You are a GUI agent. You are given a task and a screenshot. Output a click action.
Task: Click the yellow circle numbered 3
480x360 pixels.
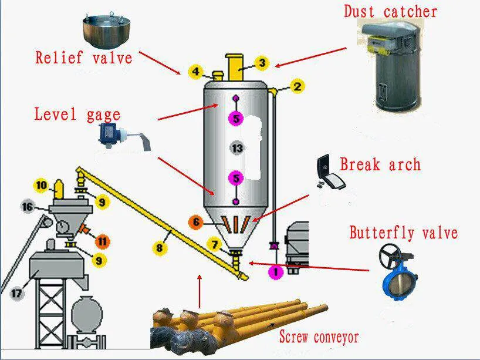pos(262,63)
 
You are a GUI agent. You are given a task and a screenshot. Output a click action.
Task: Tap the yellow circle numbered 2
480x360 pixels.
pos(298,87)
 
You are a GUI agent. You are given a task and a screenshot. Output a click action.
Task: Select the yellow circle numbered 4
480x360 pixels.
pos(196,73)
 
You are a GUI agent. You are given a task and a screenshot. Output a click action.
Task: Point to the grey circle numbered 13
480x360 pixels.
pos(237,149)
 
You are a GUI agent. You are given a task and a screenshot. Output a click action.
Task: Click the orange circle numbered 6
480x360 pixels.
pos(195,222)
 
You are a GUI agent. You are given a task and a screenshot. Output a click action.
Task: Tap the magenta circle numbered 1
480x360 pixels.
pos(275,272)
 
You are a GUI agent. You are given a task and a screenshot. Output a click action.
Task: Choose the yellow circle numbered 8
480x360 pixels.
pos(160,248)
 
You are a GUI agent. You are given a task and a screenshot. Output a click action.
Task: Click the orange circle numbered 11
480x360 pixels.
pos(103,241)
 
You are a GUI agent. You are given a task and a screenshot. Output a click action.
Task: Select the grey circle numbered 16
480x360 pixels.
pos(27,207)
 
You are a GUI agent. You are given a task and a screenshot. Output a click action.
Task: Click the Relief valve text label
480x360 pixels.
pos(83,58)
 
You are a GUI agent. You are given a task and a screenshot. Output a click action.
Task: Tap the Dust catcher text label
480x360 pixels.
pos(390,11)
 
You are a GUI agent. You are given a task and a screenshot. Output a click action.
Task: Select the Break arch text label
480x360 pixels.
pos(380,164)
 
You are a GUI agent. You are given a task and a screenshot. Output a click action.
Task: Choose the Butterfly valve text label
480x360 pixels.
pos(403,233)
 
